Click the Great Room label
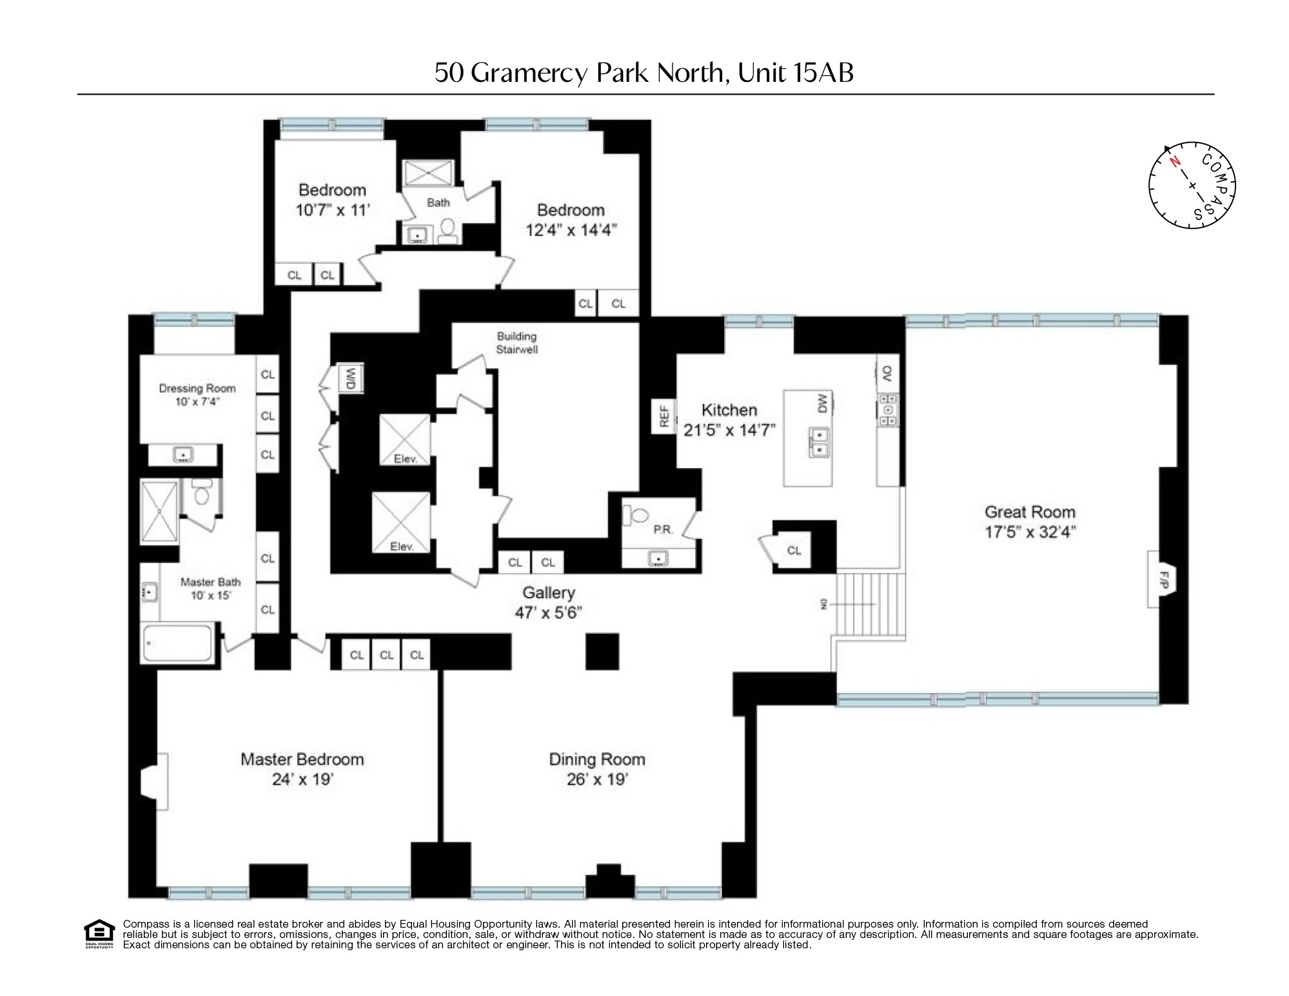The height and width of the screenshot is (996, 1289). pyautogui.click(x=1030, y=512)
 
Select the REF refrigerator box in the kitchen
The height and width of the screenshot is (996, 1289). pyautogui.click(x=664, y=416)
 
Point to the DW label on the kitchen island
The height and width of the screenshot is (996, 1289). pyautogui.click(x=822, y=404)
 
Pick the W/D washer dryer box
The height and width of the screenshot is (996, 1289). pyautogui.click(x=351, y=378)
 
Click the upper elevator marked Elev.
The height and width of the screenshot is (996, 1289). pyautogui.click(x=404, y=439)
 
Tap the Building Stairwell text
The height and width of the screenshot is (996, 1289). pyautogui.click(x=517, y=343)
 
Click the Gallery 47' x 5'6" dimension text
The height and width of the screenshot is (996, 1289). pyautogui.click(x=548, y=612)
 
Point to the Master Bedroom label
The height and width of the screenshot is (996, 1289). pyautogui.click(x=302, y=759)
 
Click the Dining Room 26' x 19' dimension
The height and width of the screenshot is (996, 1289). pyautogui.click(x=597, y=779)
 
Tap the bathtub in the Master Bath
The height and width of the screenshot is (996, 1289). pyautogui.click(x=178, y=642)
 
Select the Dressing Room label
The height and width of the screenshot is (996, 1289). pyautogui.click(x=197, y=388)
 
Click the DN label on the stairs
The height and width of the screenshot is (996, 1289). pyautogui.click(x=823, y=604)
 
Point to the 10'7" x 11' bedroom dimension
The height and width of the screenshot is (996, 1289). pyautogui.click(x=332, y=210)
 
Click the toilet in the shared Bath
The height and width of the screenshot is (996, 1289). pyautogui.click(x=449, y=229)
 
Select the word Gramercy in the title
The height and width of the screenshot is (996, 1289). pyautogui.click(x=529, y=73)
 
